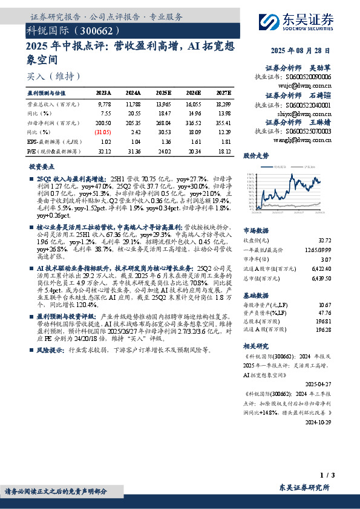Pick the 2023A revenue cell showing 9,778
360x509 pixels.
point(104,105)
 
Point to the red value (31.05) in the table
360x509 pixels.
point(103,131)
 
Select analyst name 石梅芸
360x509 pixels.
point(319,96)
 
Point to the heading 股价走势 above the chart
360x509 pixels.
point(255,155)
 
